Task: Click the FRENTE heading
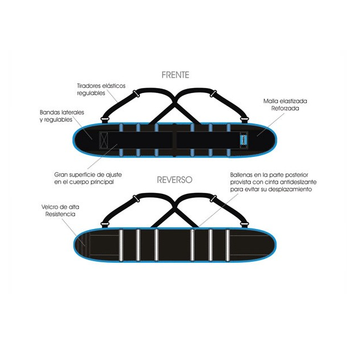[175, 75]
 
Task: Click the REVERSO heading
[174, 180]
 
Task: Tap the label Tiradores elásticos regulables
[101, 89]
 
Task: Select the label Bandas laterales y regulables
[62, 116]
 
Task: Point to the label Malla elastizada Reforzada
[285, 104]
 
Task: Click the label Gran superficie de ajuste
[88, 174]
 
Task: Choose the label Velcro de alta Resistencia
[60, 210]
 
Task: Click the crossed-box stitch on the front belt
[104, 140]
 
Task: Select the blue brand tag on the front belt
[244, 140]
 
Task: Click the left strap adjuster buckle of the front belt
[137, 94]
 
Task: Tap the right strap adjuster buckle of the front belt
[213, 94]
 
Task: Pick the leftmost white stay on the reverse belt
[121, 245]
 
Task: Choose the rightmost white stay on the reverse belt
[227, 245]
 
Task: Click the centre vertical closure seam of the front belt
[174, 140]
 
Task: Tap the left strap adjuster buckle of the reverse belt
[137, 199]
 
